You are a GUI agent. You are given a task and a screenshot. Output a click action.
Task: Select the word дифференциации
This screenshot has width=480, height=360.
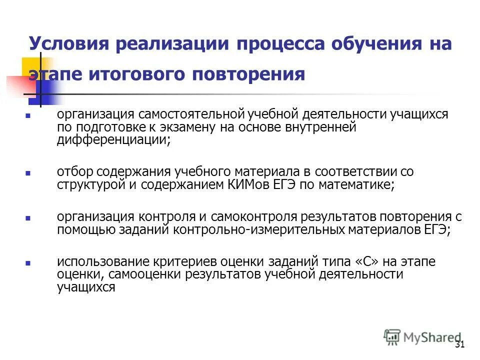(111, 140)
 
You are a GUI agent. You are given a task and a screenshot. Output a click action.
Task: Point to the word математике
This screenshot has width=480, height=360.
(355, 184)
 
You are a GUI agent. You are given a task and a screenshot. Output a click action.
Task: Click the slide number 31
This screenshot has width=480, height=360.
(460, 344)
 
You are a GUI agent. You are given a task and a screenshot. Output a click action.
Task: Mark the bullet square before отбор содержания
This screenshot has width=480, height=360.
(28, 172)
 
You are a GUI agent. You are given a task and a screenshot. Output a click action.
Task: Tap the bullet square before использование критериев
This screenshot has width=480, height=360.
(28, 262)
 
